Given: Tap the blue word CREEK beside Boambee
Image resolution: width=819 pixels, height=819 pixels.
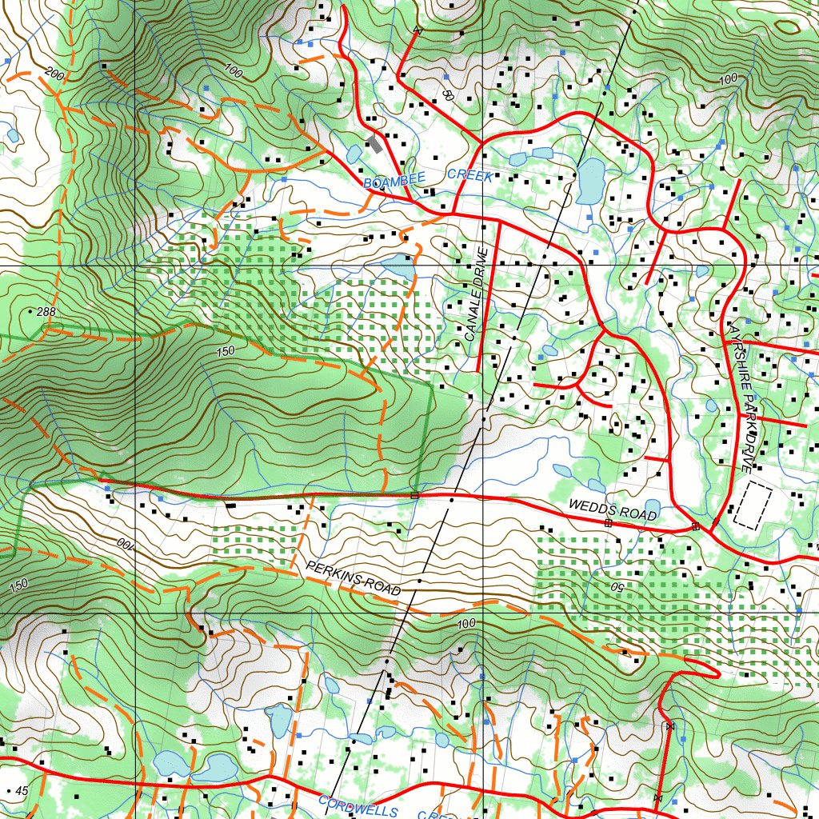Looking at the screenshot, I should [x=469, y=175].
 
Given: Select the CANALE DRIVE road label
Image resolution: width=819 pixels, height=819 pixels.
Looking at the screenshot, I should [x=475, y=295].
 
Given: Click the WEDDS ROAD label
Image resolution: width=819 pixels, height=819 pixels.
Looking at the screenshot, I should [x=612, y=509].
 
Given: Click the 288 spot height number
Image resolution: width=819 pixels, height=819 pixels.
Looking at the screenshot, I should [x=46, y=311].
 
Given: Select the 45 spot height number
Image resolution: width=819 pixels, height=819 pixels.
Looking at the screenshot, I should [x=21, y=791].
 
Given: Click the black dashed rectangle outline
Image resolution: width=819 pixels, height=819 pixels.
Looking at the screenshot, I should [x=753, y=505].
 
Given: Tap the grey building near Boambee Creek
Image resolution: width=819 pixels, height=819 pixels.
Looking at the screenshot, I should [x=374, y=145].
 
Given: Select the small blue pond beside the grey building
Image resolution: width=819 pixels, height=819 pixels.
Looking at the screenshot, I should [x=354, y=153].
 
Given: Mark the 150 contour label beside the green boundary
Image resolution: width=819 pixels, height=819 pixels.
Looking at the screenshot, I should [x=226, y=351].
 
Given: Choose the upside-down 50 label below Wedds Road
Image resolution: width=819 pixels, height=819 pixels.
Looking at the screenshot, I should [x=617, y=586].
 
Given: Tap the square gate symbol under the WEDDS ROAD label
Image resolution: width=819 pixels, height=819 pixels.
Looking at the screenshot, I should [x=608, y=523].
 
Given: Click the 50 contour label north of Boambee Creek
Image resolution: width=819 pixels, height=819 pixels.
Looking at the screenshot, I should [x=447, y=94].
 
